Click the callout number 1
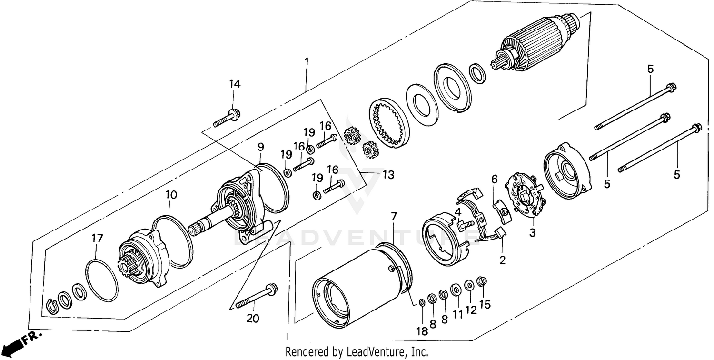click(x=307, y=62)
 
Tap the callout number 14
click(x=234, y=84)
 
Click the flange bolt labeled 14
click(x=227, y=119)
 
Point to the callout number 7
click(x=393, y=217)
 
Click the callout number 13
click(x=388, y=175)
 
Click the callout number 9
click(x=260, y=146)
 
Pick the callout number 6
click(x=494, y=179)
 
